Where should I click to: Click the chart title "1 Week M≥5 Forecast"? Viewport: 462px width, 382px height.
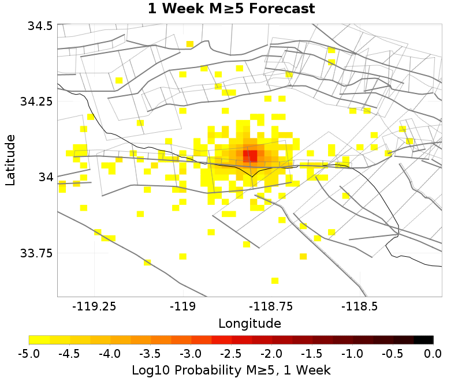[231, 9]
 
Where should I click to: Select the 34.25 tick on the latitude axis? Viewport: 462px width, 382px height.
[36, 102]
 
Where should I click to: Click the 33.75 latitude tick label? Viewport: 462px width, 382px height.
[36, 253]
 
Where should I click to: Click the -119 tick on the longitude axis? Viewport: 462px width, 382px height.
[183, 306]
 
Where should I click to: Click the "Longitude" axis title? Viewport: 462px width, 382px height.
[249, 323]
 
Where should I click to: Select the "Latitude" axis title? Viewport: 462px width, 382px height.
[10, 160]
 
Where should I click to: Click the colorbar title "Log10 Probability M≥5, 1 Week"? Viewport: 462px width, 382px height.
[231, 369]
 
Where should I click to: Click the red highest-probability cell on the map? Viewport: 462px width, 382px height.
[250, 155]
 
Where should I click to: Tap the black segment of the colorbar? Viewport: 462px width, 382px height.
[423, 340]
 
